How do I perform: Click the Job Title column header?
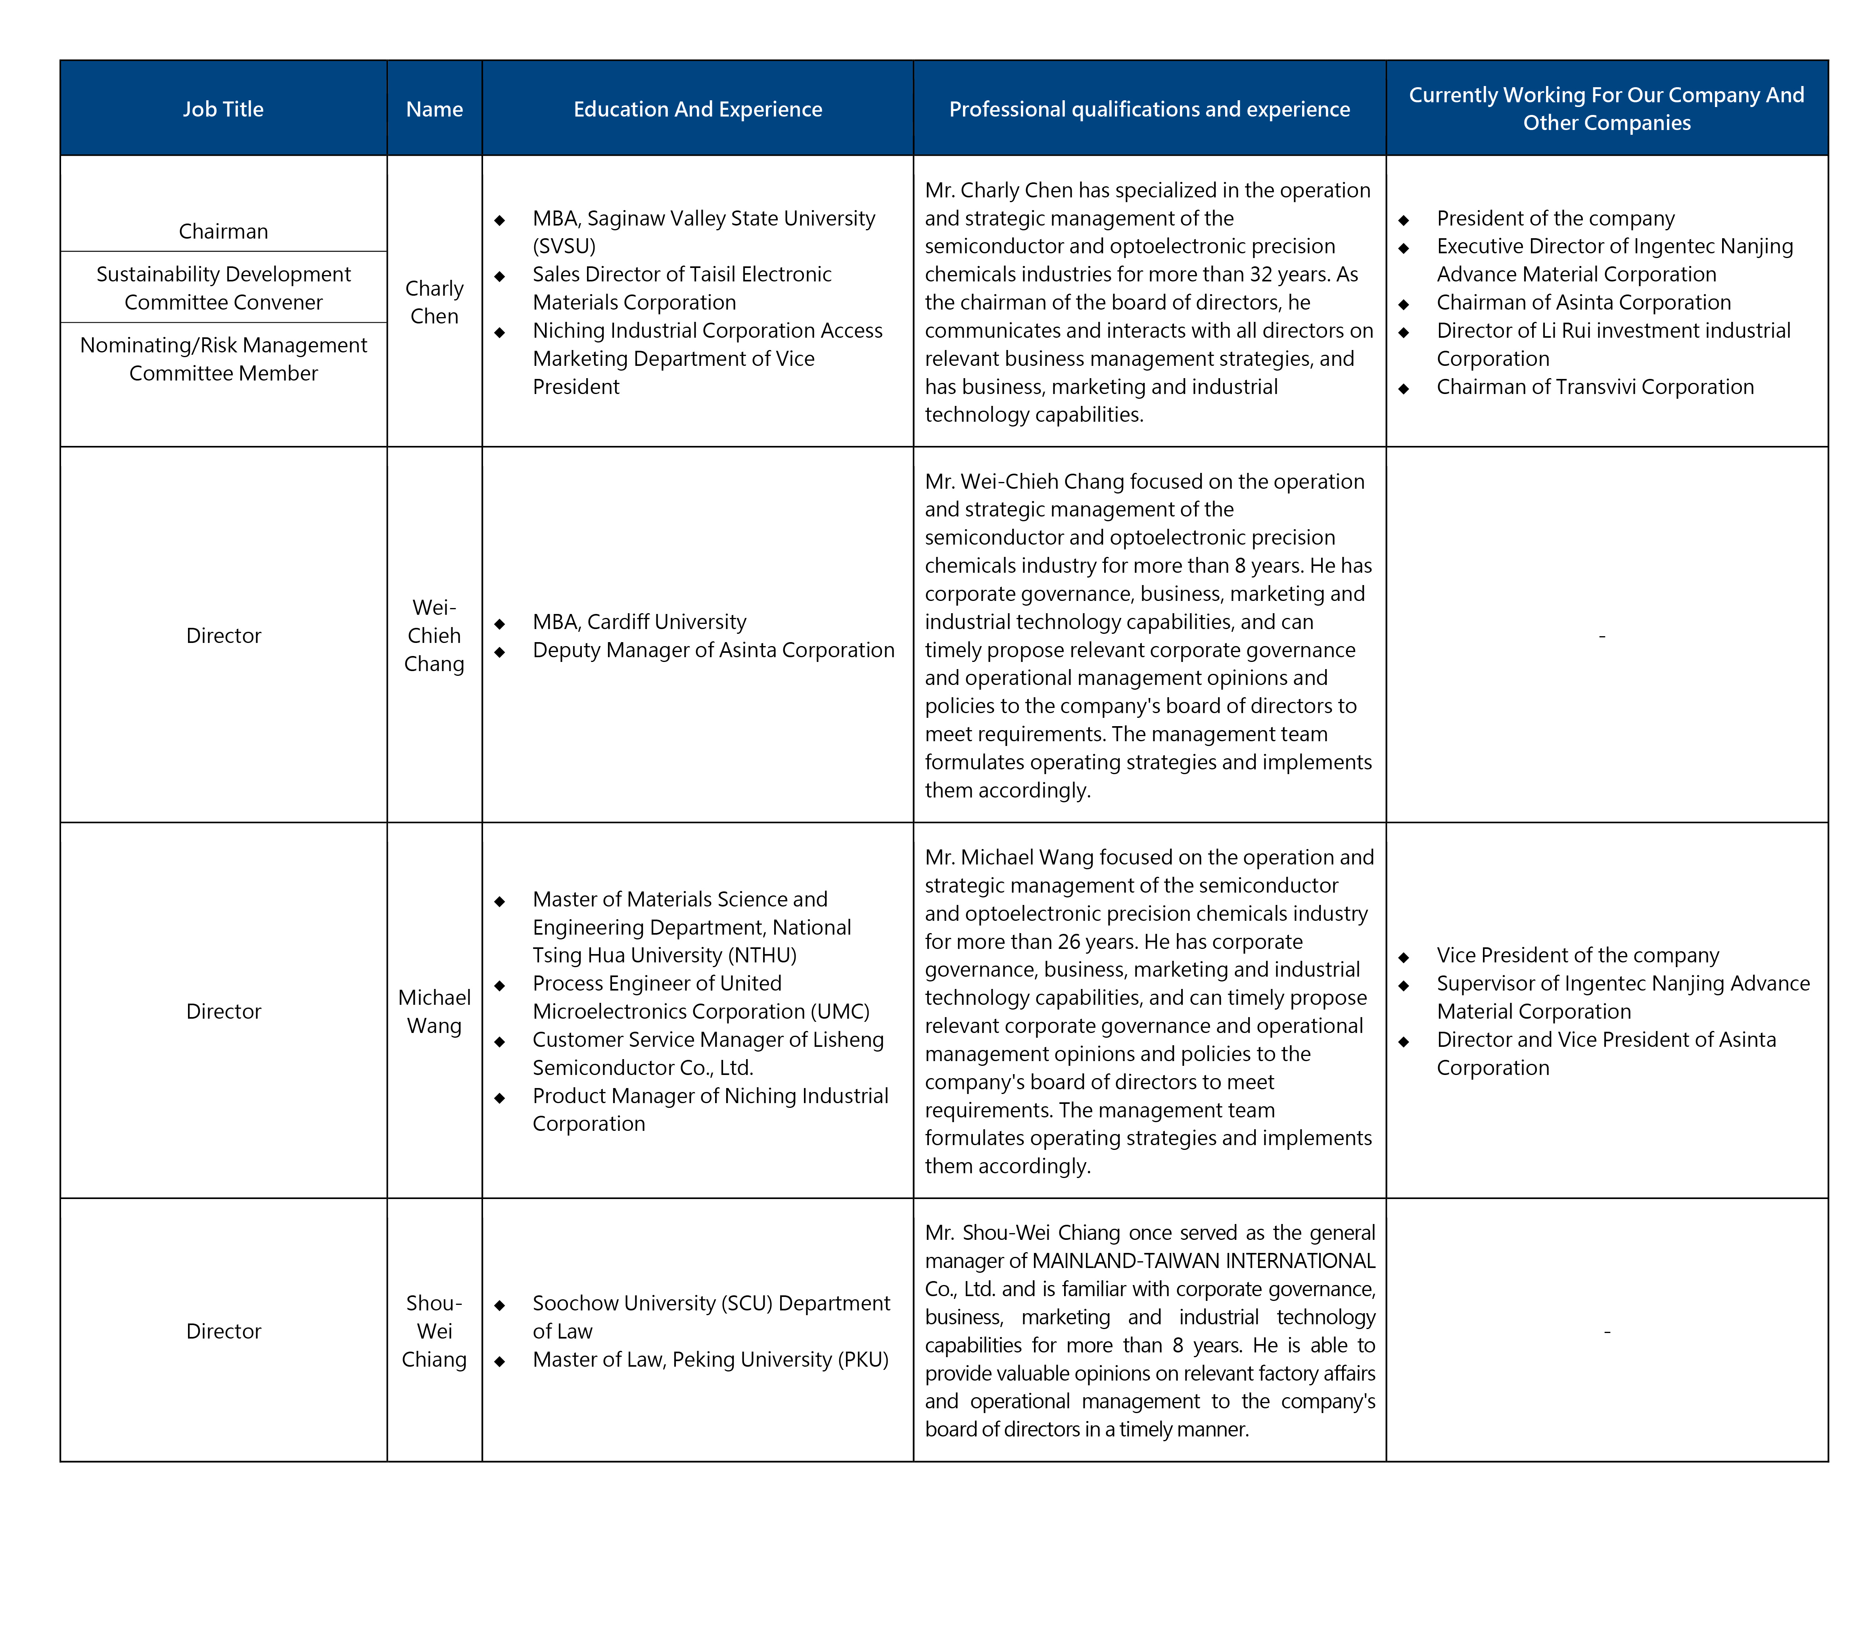[223, 109]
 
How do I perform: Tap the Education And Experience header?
[697, 109]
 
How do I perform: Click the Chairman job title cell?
[223, 231]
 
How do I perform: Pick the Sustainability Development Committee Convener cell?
[223, 288]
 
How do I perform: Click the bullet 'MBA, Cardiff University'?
[639, 622]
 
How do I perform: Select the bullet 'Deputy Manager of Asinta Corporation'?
[713, 650]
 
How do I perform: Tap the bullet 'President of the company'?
[1555, 218]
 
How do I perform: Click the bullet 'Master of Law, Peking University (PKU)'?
[710, 1360]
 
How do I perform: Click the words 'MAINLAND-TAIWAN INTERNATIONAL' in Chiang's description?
[1203, 1261]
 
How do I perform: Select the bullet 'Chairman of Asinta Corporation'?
[1583, 303]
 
